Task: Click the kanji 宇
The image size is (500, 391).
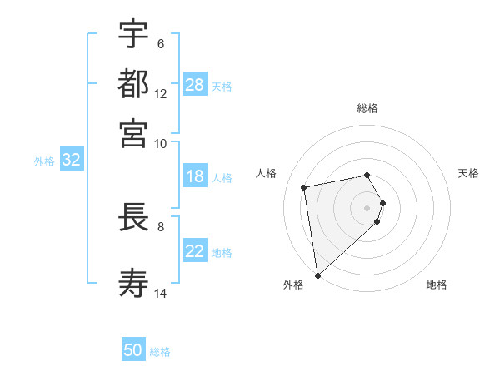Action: (133, 34)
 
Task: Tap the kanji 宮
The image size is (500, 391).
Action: (133, 132)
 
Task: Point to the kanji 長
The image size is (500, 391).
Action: (133, 218)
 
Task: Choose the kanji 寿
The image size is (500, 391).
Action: (133, 282)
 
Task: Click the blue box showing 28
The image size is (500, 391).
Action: (195, 85)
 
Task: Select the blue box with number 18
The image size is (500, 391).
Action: (195, 176)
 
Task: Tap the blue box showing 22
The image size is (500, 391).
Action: (195, 252)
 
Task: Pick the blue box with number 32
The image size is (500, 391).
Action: (71, 161)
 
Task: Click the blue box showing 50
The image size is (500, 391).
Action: (133, 350)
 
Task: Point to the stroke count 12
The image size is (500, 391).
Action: (161, 94)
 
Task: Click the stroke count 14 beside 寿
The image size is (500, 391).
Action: (161, 293)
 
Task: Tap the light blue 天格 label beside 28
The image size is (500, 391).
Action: (222, 86)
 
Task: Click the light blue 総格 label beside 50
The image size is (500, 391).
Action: (160, 352)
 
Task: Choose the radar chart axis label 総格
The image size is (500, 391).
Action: (367, 108)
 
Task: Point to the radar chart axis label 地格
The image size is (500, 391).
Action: (437, 285)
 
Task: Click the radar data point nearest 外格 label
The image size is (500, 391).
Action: (317, 275)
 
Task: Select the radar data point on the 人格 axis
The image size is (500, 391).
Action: (305, 187)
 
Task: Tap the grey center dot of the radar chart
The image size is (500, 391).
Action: (367, 207)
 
